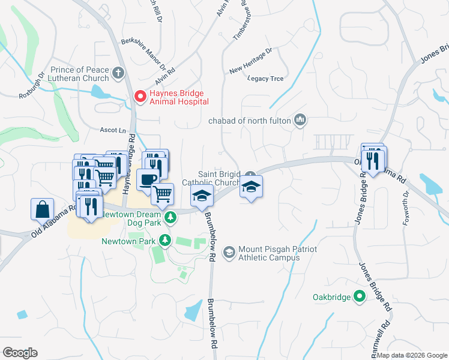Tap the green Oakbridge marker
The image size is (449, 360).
coord(360,296)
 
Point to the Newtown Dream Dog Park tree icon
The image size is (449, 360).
coord(170,217)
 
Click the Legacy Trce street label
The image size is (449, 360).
coord(265,79)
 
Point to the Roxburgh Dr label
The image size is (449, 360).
coord(31,86)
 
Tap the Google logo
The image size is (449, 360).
coord(20,353)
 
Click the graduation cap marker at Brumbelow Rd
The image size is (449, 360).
coord(202,194)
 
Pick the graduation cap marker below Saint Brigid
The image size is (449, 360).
coord(251,188)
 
